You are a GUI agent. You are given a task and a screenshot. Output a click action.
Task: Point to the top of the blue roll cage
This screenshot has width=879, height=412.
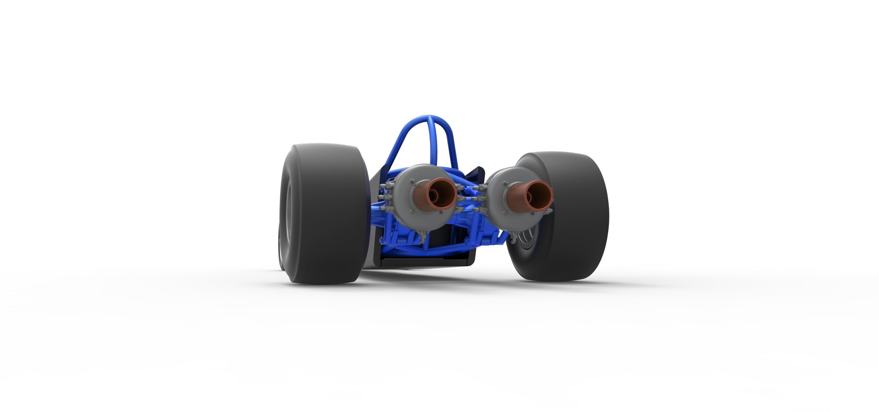(429, 118)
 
